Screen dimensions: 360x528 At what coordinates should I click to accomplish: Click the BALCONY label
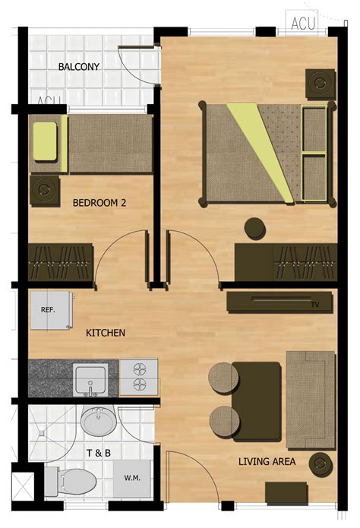(x=79, y=66)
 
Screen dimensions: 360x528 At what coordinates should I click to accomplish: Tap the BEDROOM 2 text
(x=99, y=203)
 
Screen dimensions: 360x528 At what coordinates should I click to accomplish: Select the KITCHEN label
(x=106, y=333)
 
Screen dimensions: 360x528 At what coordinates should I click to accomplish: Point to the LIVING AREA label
(x=267, y=461)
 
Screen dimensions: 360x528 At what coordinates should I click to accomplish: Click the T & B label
(x=99, y=453)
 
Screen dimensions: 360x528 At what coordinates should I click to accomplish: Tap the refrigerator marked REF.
(x=52, y=311)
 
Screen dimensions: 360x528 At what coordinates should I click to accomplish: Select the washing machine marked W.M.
(x=131, y=478)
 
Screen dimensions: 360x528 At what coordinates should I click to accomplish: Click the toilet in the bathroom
(x=71, y=481)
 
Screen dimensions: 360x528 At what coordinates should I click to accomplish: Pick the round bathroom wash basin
(x=99, y=422)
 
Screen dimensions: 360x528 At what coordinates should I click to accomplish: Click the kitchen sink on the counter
(x=90, y=380)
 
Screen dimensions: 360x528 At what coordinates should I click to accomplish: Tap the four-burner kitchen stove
(x=139, y=377)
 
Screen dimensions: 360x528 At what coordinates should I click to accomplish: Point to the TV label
(x=315, y=305)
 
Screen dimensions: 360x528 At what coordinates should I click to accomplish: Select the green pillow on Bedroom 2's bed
(x=45, y=141)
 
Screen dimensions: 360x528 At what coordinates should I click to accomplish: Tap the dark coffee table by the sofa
(x=257, y=401)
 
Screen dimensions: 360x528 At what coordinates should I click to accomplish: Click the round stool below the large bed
(x=255, y=229)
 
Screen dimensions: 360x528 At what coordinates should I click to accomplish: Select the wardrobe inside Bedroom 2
(x=61, y=262)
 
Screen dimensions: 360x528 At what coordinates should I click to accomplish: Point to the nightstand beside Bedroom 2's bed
(x=45, y=190)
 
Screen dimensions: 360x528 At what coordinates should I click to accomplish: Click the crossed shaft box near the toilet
(x=23, y=486)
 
